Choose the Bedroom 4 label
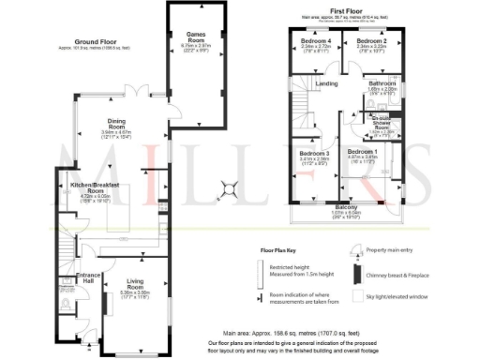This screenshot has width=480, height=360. coord(316,42)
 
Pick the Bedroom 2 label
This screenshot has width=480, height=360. coord(371,42)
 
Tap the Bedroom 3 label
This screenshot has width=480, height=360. coord(314,153)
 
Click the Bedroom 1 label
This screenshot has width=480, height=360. coord(363,152)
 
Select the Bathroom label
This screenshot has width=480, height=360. coord(382,84)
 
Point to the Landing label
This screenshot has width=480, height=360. coord(326,84)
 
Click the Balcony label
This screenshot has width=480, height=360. coord(346,207)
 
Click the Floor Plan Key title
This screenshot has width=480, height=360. coord(285,252)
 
